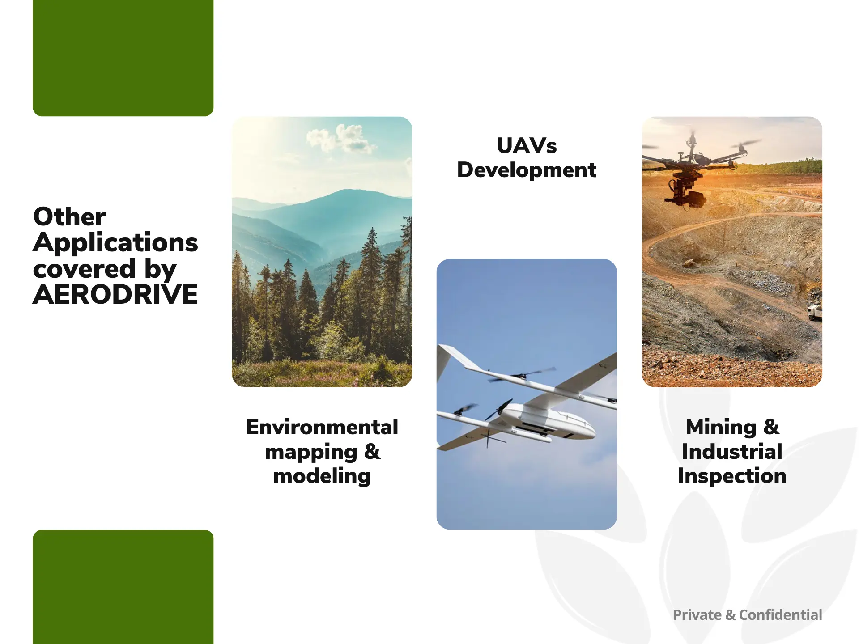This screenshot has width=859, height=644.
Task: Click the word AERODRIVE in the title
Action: coord(115,295)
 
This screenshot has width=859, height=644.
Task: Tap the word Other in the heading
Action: coord(69,217)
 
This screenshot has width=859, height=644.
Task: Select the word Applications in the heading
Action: coord(115,243)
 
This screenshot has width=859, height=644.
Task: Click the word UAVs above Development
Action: coord(527,146)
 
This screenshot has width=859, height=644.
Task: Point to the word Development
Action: coord(527,170)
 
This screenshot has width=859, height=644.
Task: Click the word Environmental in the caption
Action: coord(322,427)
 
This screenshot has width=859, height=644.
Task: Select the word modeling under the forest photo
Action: coord(322,476)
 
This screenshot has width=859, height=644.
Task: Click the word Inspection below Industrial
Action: coord(732,476)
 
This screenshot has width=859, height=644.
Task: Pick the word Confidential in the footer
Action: coord(780,615)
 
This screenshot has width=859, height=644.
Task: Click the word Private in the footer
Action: coord(697,615)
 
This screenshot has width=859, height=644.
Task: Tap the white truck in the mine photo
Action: coord(815,312)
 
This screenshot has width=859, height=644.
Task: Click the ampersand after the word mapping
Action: coord(372,452)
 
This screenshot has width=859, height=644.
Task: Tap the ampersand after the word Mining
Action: coord(771,427)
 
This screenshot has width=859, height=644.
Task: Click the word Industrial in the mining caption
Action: coord(732,452)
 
